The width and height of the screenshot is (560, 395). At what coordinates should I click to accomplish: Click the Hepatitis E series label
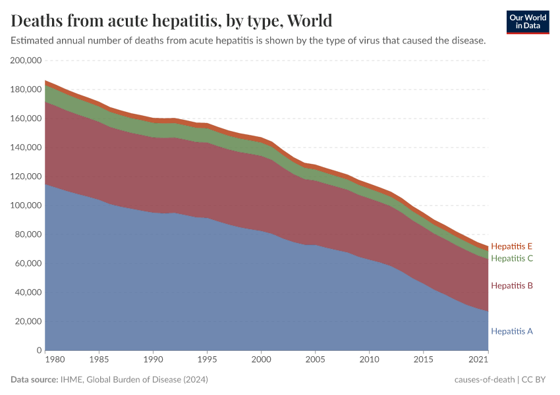click(511, 247)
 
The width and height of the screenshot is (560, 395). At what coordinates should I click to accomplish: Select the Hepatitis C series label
click(511, 258)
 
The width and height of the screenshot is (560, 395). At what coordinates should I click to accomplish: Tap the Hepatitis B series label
click(511, 286)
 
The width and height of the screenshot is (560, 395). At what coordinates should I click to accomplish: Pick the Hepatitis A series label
click(511, 331)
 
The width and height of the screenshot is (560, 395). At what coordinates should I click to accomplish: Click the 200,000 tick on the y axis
click(26, 61)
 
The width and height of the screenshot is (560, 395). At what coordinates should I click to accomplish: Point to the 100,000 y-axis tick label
click(26, 205)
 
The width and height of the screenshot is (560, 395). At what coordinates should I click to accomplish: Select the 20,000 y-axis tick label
click(29, 321)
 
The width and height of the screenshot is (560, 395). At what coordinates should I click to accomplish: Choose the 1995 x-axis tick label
click(208, 361)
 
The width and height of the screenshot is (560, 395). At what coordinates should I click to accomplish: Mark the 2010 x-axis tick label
click(370, 361)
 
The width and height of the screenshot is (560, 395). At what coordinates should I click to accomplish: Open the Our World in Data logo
click(527, 22)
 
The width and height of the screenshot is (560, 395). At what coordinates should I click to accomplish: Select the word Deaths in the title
click(36, 20)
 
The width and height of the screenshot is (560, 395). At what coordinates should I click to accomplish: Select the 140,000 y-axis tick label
click(26, 147)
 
